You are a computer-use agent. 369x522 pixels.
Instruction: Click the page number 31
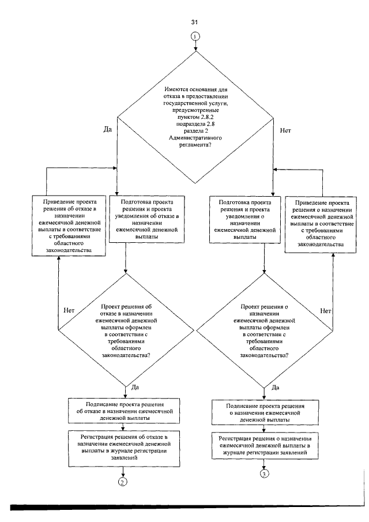tap(194, 22)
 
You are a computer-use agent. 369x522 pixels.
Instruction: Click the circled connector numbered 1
tap(195, 36)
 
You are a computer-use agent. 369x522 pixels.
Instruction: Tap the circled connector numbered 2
tap(122, 482)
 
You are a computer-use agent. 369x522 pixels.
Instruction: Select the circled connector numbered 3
tap(264, 474)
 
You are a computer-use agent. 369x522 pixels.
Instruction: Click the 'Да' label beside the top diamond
tap(107, 130)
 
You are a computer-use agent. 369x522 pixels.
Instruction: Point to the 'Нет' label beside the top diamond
tap(285, 130)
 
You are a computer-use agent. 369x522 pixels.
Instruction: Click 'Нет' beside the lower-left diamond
tap(69, 310)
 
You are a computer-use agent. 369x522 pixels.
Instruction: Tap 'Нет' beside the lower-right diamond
tap(325, 311)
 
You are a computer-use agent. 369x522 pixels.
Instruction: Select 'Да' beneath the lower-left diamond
tap(135, 387)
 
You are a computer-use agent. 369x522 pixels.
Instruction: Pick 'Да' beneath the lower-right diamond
tap(276, 388)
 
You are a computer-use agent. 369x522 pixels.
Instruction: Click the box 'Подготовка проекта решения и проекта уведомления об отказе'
tap(146, 219)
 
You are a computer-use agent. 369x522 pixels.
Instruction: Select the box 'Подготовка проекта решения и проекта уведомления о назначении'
tap(244, 219)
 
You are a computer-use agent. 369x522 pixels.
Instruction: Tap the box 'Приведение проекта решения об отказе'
tap(69, 226)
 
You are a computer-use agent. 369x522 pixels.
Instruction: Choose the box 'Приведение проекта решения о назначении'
tap(321, 224)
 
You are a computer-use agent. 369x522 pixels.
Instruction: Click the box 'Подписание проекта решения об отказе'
tap(124, 411)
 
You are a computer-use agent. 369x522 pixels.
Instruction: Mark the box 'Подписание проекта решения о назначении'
tap(265, 412)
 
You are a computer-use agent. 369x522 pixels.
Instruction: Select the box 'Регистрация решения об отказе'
tap(124, 448)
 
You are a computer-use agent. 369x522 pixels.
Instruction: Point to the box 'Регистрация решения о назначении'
tap(265, 445)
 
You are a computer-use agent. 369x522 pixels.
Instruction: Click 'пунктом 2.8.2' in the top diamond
tap(195, 117)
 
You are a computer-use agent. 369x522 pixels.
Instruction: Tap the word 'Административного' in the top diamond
tap(195, 138)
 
